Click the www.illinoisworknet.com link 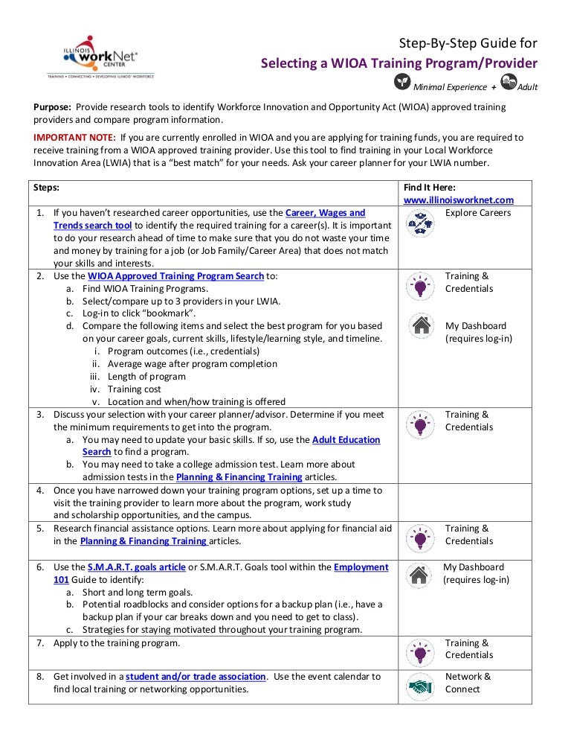[458, 200]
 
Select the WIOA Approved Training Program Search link [175, 276]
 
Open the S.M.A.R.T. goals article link [136, 567]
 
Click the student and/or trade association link [196, 677]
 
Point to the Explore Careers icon [421, 221]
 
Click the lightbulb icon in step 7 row [421, 651]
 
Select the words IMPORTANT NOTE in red [75, 138]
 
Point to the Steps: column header [47, 188]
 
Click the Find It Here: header [429, 188]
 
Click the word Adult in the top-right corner [527, 87]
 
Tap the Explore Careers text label [478, 213]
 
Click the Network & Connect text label [468, 683]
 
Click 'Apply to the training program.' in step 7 [117, 643]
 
